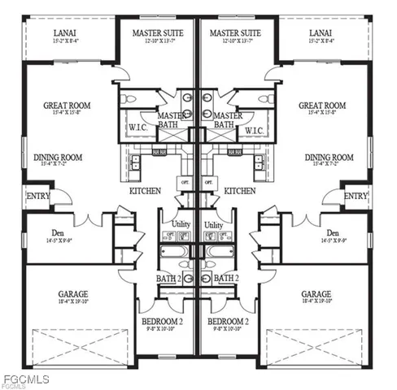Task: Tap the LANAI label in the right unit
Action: pyautogui.click(x=321, y=32)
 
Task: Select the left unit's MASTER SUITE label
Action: pyautogui.click(x=159, y=32)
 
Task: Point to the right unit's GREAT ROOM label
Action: pyautogui.click(x=322, y=105)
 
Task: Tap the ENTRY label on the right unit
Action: pyautogui.click(x=355, y=196)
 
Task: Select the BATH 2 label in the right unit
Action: pyautogui.click(x=225, y=278)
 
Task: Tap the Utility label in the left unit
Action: pyautogui.click(x=180, y=224)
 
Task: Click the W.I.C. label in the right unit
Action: pyautogui.click(x=253, y=130)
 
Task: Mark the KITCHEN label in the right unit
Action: pyautogui.click(x=240, y=191)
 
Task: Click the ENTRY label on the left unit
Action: pyautogui.click(x=37, y=196)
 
